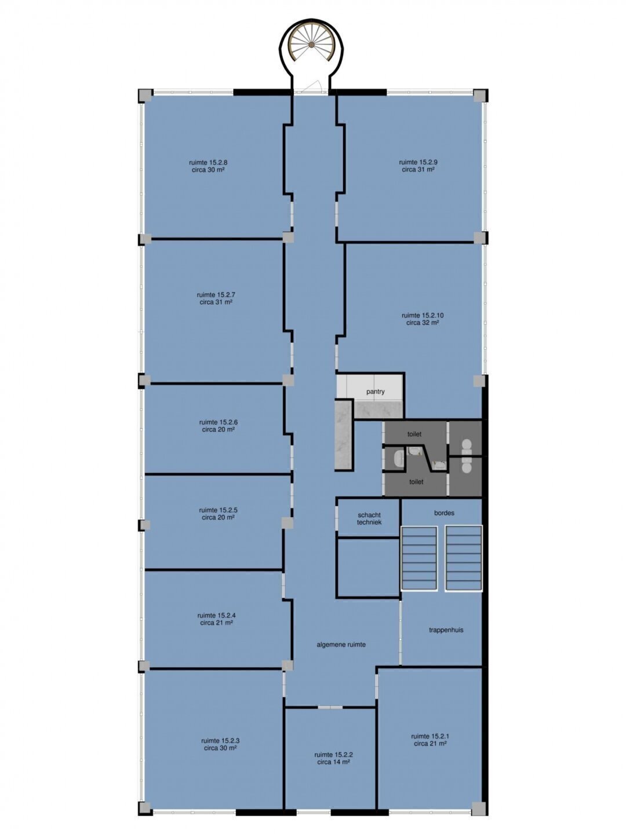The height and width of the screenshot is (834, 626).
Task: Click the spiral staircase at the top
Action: [x=312, y=45]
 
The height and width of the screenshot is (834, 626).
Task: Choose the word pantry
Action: [x=376, y=392]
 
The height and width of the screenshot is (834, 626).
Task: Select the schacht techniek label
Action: [x=369, y=518]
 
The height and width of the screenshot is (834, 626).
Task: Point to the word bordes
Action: [x=445, y=513]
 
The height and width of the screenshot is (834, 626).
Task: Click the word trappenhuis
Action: [x=446, y=630]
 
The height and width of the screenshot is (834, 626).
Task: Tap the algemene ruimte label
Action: [x=341, y=645]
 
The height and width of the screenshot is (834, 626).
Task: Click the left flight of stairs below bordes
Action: [x=419, y=558]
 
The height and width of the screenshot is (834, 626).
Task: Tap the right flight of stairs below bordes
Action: [x=464, y=558]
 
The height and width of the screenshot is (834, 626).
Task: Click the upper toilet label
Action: [x=414, y=434]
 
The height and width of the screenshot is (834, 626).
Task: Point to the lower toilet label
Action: [x=416, y=482]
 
